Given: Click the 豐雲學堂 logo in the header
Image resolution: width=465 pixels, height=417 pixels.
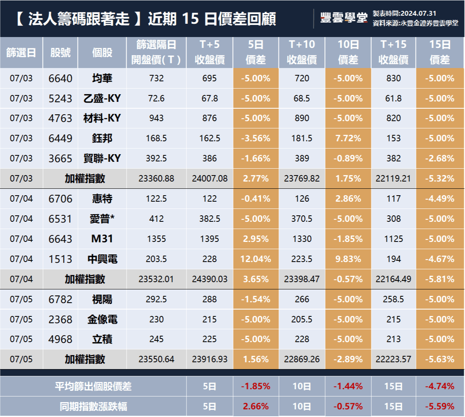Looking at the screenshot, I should tap(344, 18).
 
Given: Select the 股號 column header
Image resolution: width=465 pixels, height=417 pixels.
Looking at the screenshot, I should tap(60, 53).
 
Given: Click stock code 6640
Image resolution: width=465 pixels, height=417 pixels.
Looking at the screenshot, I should tap(60, 78).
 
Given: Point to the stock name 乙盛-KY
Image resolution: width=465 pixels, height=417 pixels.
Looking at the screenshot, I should tap(102, 99).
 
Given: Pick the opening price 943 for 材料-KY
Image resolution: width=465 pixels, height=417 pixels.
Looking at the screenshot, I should tap(156, 118).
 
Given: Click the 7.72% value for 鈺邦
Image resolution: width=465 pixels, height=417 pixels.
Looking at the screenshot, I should tap(348, 138).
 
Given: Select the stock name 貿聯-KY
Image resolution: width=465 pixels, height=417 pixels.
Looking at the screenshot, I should tap(102, 159).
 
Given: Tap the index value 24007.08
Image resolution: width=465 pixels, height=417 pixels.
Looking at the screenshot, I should tap(209, 179).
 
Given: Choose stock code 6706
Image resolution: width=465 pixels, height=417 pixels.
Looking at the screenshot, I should tap(60, 199).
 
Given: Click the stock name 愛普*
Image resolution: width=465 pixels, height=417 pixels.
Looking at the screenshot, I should tap(102, 219).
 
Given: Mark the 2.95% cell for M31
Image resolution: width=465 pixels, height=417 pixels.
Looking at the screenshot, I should tap(256, 239).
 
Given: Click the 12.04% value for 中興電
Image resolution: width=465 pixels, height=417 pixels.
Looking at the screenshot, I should tap(256, 259).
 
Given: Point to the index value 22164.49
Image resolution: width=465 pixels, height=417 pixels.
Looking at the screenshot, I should tap(394, 279).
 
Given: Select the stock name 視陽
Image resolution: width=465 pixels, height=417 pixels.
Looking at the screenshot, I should tap(102, 299).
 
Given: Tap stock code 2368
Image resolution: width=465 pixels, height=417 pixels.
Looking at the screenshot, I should tap(60, 320).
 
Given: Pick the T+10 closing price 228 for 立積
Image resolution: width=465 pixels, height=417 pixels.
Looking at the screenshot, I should tap(302, 340).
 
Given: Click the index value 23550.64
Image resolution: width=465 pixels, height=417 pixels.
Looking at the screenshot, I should tap(156, 359).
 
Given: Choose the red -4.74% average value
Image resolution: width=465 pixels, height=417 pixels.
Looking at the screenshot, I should tap(440, 387).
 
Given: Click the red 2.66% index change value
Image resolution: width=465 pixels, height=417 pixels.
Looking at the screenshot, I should tap(256, 406).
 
